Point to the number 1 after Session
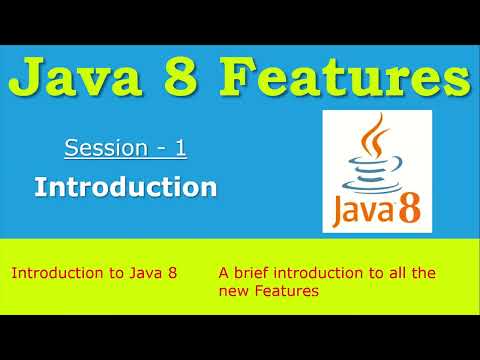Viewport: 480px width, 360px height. (x=181, y=150)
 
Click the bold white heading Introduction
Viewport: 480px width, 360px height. (x=125, y=186)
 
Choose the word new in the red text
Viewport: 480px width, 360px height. (x=232, y=291)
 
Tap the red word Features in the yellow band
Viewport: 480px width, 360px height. (x=285, y=291)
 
